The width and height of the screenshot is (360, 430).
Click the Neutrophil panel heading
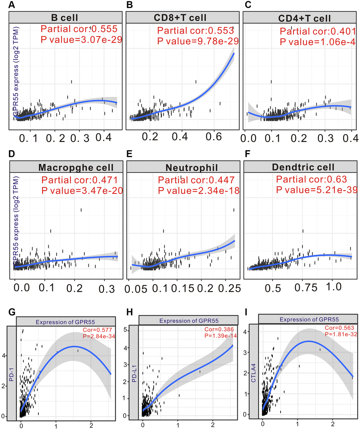(192, 167)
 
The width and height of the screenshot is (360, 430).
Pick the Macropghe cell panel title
(76, 167)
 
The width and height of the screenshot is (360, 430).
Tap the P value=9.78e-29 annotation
(198, 41)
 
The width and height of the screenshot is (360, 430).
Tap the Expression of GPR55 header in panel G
(65, 321)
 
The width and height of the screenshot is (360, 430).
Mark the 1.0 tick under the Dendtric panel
(334, 286)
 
